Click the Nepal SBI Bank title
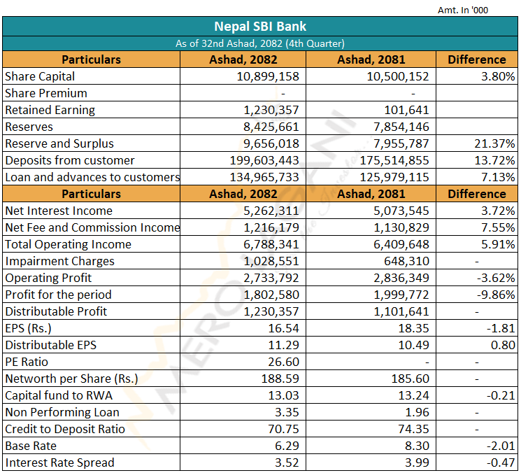pos(260,27)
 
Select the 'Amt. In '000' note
pos(463,10)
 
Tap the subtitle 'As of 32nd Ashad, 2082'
pos(229,43)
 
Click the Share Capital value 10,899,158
pos(268,76)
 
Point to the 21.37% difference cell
pos(494,143)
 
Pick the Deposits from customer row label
pos(70,160)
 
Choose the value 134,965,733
pos(264,177)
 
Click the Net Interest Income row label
pos(59,211)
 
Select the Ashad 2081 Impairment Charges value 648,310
pos(406,261)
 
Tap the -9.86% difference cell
pos(496,295)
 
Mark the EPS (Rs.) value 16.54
pos(283,328)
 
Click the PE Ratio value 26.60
pos(283,362)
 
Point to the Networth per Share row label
pos(71,379)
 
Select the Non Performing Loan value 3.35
pos(287,412)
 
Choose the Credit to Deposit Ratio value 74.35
pos(414,429)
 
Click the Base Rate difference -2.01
pos(501,446)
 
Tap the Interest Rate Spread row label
pos(60,463)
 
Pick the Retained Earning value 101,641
pos(407,110)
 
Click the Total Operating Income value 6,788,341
pos(271,244)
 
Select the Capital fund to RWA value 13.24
pos(414,395)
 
